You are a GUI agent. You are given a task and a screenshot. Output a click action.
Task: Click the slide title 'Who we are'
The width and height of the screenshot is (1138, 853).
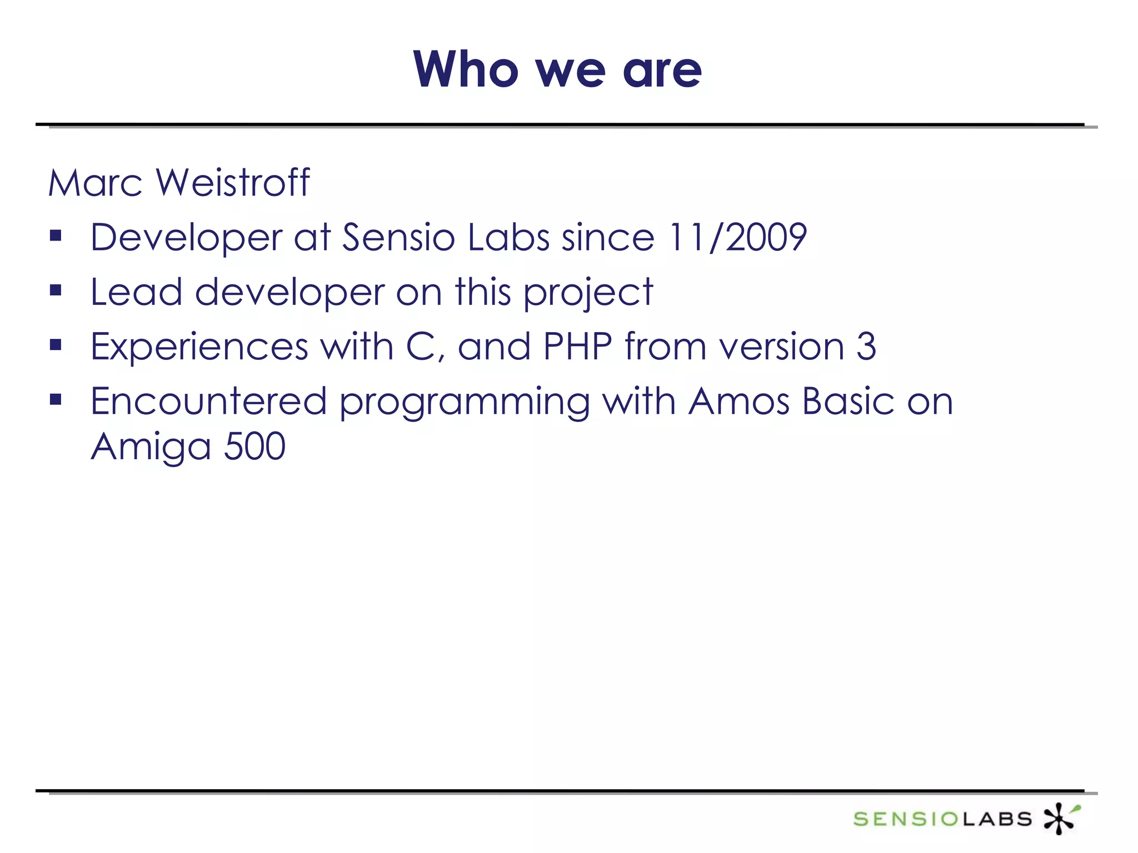(x=557, y=69)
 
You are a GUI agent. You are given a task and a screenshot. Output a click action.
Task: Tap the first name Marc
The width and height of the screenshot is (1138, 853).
(x=95, y=183)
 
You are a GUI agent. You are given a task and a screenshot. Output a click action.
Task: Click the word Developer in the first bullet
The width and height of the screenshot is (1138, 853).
(x=186, y=238)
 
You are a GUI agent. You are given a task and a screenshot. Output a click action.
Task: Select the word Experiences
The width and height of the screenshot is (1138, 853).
(x=199, y=347)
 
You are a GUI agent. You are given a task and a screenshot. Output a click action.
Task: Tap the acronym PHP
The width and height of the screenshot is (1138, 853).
(x=577, y=346)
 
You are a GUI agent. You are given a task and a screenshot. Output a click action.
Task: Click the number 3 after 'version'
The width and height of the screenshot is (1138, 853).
(x=866, y=346)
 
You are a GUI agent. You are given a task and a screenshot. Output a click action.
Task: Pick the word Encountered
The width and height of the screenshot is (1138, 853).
(x=208, y=401)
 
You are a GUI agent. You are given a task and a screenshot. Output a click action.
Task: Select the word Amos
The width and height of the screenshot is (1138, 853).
(x=738, y=401)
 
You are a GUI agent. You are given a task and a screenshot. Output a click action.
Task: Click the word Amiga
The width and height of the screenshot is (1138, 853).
(x=151, y=447)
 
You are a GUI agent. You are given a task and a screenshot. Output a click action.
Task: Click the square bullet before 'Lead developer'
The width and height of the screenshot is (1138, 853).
(x=55, y=290)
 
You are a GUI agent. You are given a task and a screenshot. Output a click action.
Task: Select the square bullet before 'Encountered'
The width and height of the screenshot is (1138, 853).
(x=55, y=399)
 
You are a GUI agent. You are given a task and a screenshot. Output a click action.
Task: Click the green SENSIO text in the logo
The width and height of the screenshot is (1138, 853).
(x=905, y=819)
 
